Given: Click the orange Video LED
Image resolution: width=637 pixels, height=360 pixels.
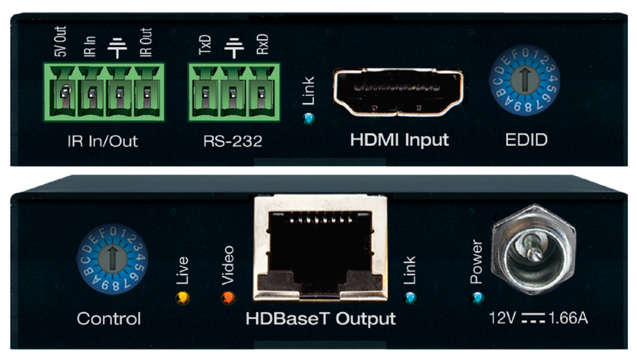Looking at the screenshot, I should (228, 297).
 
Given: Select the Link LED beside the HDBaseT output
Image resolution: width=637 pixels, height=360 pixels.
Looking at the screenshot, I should (409, 296).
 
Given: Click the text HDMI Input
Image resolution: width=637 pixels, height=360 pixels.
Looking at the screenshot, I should (399, 140).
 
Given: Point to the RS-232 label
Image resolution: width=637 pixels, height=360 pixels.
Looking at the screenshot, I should (232, 141).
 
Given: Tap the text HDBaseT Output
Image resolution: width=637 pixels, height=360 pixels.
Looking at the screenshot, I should (321, 319).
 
